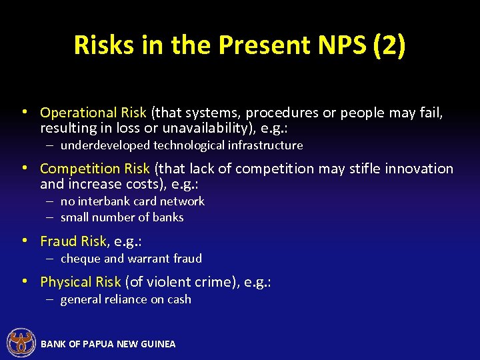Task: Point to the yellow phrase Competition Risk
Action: pyautogui.click(x=96, y=169)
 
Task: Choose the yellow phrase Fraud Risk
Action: pyautogui.click(x=73, y=241)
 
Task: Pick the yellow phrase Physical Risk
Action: pyautogui.click(x=80, y=282)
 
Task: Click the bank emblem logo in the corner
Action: pyautogui.click(x=21, y=343)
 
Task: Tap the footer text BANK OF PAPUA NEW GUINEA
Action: pyautogui.click(x=108, y=344)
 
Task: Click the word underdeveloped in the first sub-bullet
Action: pyautogui.click(x=105, y=145)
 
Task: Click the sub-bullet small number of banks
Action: pyautogui.click(x=122, y=217)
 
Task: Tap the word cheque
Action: pyautogui.click(x=79, y=259)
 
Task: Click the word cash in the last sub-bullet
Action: pyautogui.click(x=178, y=300)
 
